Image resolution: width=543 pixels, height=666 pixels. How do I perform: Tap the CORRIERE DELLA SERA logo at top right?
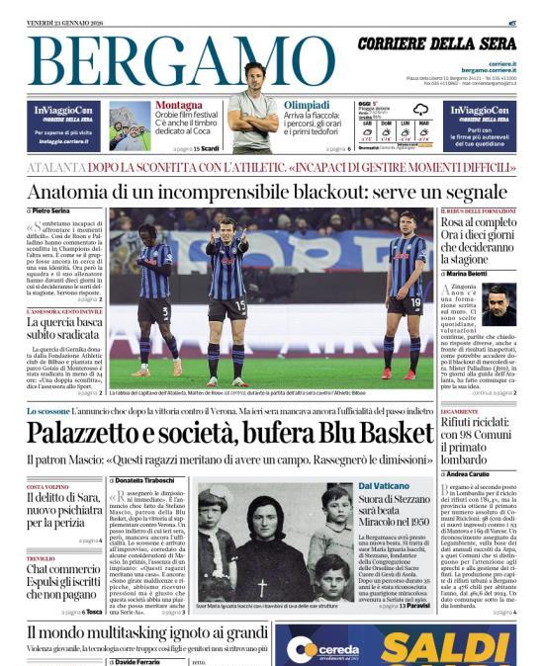point(436,44)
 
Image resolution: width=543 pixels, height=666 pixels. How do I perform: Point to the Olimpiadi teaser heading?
point(307,104)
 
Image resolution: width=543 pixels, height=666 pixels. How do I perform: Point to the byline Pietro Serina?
point(54,211)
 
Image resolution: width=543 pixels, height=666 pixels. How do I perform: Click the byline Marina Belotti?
point(474,273)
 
